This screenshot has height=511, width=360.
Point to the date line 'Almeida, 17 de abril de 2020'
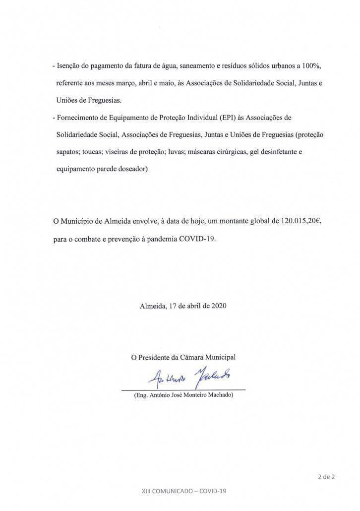point(183,306)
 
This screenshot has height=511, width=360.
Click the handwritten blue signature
point(188,379)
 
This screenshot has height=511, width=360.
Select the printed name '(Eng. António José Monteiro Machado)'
point(183,395)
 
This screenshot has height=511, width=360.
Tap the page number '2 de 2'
point(326,477)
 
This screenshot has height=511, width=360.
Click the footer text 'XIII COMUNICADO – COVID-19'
point(183,491)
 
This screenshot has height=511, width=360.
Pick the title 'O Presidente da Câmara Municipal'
point(183,357)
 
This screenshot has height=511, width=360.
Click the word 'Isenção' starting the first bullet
point(71,66)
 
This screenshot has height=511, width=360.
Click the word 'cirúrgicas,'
point(226,152)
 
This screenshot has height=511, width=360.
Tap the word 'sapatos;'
point(69,152)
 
